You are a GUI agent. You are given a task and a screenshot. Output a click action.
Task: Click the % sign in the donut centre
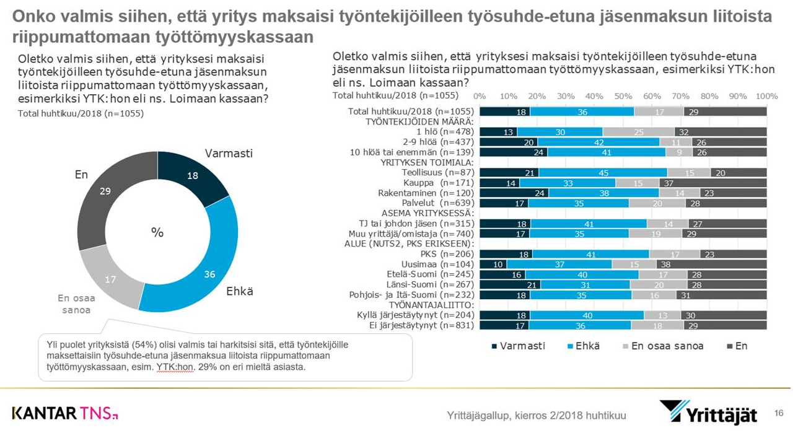[157, 232]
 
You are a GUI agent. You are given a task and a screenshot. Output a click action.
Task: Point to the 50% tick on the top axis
[623, 97]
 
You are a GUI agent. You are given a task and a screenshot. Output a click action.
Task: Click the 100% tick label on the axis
[766, 97]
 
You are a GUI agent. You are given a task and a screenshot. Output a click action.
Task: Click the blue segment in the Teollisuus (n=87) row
[603, 173]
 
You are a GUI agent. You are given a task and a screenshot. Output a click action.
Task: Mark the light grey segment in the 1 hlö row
[638, 132]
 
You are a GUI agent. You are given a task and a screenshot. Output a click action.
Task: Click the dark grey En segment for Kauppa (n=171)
[713, 183]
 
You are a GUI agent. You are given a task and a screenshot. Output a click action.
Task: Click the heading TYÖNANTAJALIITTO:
[431, 305]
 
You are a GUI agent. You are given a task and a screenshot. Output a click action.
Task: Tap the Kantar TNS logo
[65, 413]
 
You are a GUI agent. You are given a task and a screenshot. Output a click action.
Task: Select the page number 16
[779, 413]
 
